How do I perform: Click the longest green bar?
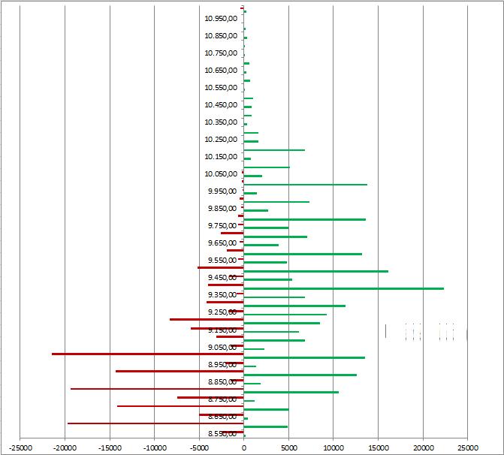[x=343, y=288]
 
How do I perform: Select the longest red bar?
[x=147, y=354]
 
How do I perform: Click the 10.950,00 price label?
[x=221, y=18]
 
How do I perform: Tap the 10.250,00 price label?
[x=221, y=140]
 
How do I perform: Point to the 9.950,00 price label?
[x=222, y=191]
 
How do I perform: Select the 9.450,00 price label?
[x=222, y=278]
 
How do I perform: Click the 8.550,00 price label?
[x=222, y=434]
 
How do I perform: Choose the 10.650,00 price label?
[x=221, y=71]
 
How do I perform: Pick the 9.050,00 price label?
[x=222, y=348]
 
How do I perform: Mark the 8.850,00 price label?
[x=222, y=382]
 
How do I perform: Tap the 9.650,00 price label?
[x=222, y=243]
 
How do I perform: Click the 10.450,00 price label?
[x=221, y=105]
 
